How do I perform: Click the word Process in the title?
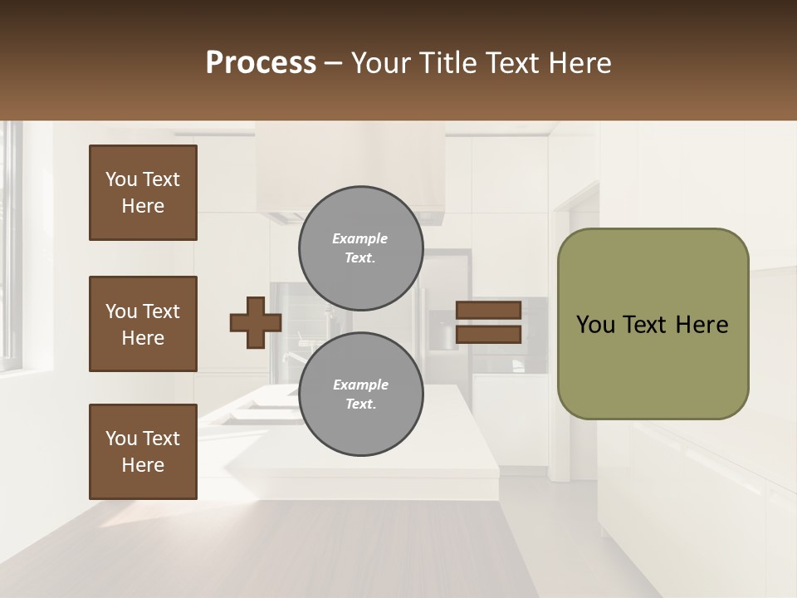pos(261,63)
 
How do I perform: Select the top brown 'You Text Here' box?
pos(143,193)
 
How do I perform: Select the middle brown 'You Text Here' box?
pos(143,324)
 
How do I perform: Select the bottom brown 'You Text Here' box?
pos(143,452)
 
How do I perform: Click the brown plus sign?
pos(256,322)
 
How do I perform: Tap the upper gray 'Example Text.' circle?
pos(361,248)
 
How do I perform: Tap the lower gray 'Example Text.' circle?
pos(361,395)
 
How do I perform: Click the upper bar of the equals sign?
pos(488,310)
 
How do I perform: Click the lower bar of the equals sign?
pos(488,335)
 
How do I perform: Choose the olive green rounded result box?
pos(653,324)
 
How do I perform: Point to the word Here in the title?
pos(579,63)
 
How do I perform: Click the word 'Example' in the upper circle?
pos(359,238)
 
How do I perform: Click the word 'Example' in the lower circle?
pos(359,385)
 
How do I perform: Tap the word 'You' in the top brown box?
pos(121,179)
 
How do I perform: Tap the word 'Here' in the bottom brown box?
pos(143,465)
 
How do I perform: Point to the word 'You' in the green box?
pos(595,325)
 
